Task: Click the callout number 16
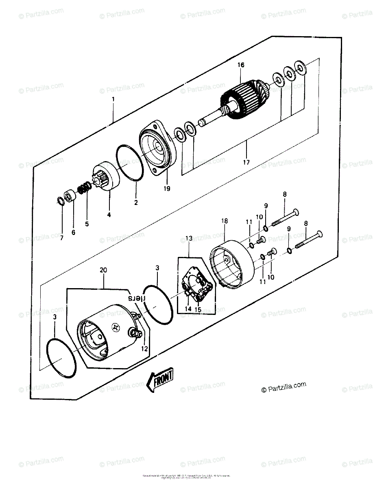(x=241, y=65)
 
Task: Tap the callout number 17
(x=246, y=163)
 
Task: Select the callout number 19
(x=167, y=188)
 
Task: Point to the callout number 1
(x=113, y=99)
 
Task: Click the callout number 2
(x=136, y=202)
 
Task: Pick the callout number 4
(x=109, y=214)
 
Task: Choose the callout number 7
(x=62, y=238)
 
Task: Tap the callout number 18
(x=225, y=221)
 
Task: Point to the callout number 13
(x=188, y=238)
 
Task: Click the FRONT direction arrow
(x=160, y=380)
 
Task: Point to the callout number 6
(x=73, y=233)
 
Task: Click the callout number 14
(x=188, y=309)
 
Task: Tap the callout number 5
(x=87, y=224)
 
